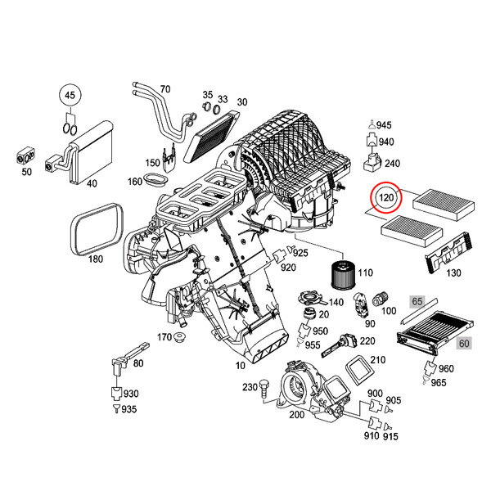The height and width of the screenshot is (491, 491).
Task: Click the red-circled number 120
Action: [x=387, y=198]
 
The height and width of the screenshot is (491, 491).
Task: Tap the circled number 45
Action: [x=70, y=97]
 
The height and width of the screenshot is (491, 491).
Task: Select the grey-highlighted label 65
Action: [x=417, y=301]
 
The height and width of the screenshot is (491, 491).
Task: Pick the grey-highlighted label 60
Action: [x=464, y=344]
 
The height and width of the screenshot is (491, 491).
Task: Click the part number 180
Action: [x=96, y=259]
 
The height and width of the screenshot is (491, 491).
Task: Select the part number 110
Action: [x=365, y=273]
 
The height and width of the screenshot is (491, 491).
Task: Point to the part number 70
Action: [x=164, y=88]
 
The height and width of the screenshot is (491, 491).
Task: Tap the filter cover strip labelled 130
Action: [x=448, y=250]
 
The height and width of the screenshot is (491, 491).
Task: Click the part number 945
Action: [x=385, y=124]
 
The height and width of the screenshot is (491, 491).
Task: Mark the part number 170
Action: [x=164, y=337]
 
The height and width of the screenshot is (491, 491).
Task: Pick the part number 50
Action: [x=26, y=172]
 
